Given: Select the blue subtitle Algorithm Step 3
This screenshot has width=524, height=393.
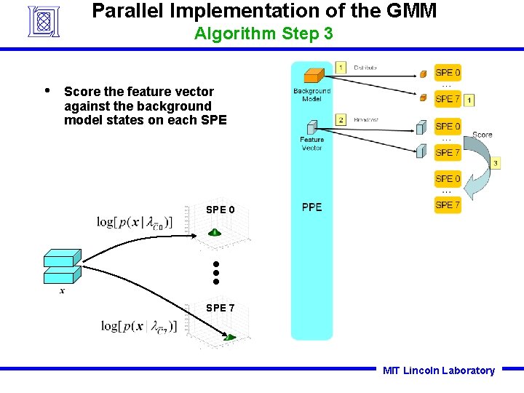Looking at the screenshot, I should tap(263, 33).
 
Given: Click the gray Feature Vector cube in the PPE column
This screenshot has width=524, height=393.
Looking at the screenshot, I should tap(311, 126).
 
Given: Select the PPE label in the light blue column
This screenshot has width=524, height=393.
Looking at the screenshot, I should tap(311, 207).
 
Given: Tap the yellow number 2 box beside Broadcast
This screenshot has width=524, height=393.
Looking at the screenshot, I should tap(341, 119).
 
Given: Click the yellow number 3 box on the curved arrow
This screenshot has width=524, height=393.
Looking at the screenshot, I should tap(495, 163).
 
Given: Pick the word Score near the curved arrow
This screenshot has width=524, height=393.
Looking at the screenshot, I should tap(482, 135).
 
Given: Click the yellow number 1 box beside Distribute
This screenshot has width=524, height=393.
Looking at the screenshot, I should tap(341, 67).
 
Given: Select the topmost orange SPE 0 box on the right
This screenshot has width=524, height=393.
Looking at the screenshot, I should tap(448, 73).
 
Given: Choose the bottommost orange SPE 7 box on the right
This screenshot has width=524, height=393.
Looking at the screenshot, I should tap(448, 205).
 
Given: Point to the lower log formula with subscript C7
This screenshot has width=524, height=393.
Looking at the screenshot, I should tap(139, 326).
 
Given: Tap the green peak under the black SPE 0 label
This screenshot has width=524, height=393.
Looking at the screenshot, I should tap(215, 232).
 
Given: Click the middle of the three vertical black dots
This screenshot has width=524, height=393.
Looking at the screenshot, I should tap(216, 273).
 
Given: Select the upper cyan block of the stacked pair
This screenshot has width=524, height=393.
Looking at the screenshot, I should tap(62, 258).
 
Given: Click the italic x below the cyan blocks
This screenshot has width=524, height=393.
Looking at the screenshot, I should tap(62, 290).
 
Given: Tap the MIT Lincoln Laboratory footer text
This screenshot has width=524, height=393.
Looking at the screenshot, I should tap(438, 370).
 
